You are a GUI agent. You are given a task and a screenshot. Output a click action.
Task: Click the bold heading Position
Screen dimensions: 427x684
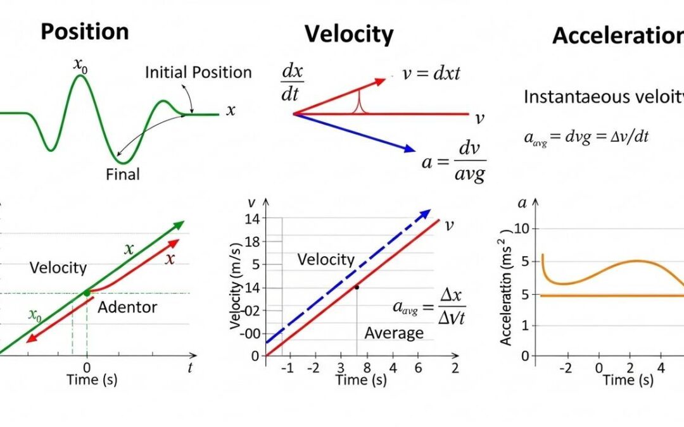tap(84, 32)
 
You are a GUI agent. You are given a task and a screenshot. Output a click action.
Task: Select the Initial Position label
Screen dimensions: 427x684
tap(198, 72)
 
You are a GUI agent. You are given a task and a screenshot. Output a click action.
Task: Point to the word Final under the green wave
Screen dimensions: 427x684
tap(123, 173)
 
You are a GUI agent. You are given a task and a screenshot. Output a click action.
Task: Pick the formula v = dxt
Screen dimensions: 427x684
tap(431, 73)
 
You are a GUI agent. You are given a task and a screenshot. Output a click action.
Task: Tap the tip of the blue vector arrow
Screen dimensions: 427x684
tap(412, 151)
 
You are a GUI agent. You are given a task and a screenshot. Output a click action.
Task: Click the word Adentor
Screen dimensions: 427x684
tap(127, 308)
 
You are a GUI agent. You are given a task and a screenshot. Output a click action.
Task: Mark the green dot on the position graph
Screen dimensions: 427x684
tap(86, 292)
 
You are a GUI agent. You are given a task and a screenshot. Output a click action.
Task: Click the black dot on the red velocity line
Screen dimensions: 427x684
tap(357, 287)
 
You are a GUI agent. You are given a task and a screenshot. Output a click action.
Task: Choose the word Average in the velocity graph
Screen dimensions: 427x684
tap(393, 333)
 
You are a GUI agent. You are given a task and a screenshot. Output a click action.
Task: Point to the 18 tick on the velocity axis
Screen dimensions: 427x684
tap(252, 242)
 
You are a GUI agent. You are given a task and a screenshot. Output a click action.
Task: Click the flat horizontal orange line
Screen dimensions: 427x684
tap(608, 295)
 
